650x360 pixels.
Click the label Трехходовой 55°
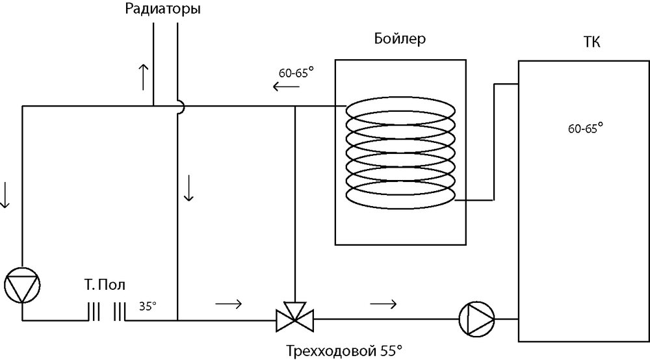tap(344, 352)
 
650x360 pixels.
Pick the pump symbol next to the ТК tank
tap(476, 318)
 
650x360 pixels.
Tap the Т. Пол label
tap(105, 285)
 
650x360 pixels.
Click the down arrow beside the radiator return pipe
tap(188, 188)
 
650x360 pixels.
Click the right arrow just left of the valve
tap(230, 303)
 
